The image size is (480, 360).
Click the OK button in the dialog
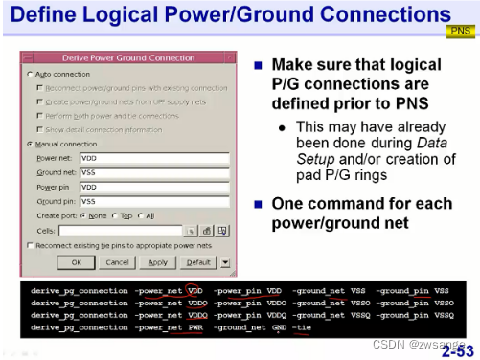coord(77,261)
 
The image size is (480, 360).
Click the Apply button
coord(158,261)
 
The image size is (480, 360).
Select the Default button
coord(198,261)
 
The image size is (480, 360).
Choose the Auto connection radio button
coord(31,74)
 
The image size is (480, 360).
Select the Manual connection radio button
coord(31,144)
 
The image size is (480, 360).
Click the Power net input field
coord(153,158)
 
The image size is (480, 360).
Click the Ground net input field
coord(153,172)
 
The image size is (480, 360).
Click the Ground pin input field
coord(153,202)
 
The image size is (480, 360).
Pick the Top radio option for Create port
coord(116,216)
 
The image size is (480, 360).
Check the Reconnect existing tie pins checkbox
coord(31,246)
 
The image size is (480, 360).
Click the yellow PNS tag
coord(461,30)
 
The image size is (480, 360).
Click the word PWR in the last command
coord(195,327)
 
